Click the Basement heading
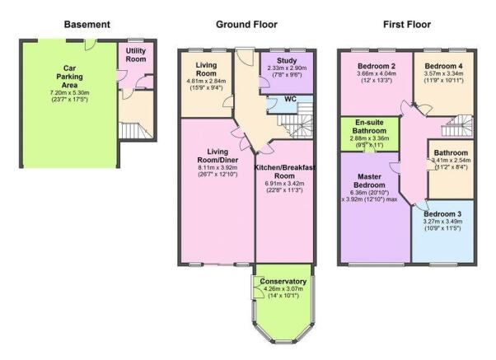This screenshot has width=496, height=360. tap(87, 25)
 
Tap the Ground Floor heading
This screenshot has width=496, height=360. tap(246, 25)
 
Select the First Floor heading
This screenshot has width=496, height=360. tap(407, 25)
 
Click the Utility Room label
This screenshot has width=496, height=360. tap(136, 54)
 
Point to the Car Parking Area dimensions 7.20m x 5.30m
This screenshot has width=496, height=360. tap(69, 93)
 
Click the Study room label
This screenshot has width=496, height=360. tap(287, 60)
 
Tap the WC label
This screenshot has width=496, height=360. tap(290, 99)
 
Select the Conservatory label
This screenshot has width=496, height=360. tap(283, 281)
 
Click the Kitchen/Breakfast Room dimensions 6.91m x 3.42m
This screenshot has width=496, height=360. tap(285, 184)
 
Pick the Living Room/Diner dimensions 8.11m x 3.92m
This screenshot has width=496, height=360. tap(218, 168)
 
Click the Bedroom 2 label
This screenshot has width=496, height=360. tap(377, 66)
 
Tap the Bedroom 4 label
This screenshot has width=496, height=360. tap(444, 66)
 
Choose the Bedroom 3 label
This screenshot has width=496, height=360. tap(442, 214)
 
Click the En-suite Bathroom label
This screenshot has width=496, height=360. tap(369, 127)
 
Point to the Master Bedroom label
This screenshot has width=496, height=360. tap(369, 180)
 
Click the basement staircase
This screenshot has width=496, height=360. tap(135, 130)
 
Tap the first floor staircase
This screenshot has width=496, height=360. tap(457, 126)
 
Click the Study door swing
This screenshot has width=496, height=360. tap(264, 82)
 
